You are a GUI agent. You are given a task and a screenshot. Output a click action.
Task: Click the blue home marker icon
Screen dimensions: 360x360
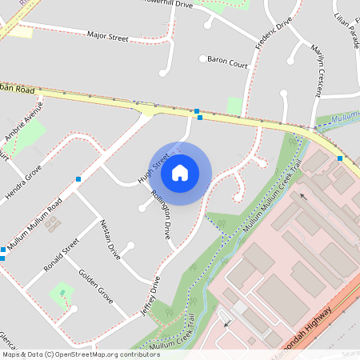(180, 172)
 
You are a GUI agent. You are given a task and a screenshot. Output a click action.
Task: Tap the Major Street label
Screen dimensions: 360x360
(108, 36)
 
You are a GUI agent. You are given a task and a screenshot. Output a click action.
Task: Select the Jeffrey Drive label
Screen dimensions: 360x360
(150, 295)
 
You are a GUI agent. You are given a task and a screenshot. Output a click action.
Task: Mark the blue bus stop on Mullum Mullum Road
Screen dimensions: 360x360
(78, 179)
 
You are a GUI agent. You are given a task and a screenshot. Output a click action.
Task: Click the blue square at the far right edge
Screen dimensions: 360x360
(340, 158)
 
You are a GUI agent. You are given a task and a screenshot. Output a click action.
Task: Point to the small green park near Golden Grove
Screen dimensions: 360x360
(62, 294)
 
